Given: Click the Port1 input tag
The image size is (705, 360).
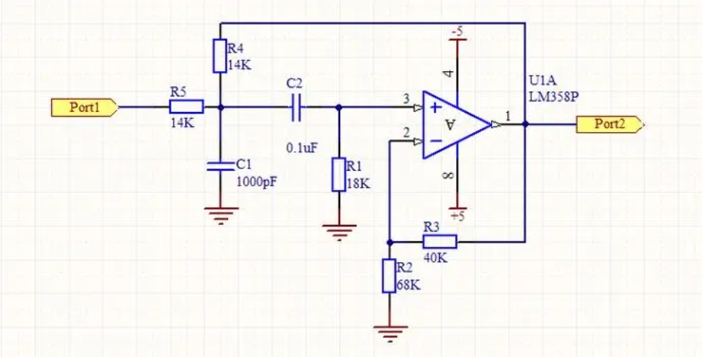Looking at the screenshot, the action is coord(84,108).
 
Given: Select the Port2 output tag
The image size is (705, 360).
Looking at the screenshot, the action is coord(610,124).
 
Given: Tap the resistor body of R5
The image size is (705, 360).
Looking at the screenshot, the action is coord(186,107).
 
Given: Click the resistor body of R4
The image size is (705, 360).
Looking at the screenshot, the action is coord(220,56).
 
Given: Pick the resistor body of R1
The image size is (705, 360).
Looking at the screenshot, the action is coord(339,175).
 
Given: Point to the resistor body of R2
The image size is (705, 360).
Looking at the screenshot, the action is coord(390,276).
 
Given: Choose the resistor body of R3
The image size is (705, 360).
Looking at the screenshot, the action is coord(440,242).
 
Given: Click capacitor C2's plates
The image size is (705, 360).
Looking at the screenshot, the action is coord(296,107).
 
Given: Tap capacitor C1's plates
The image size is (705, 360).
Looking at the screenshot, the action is coord(220,166).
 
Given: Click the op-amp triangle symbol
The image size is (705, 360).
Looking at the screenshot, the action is coord(455,124).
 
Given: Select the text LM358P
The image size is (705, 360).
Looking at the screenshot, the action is coord(553,97).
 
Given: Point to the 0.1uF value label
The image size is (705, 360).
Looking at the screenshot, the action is coord(302,148).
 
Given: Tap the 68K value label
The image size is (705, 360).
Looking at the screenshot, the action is coord(409,285).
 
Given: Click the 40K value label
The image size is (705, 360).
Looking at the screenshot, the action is coord(435,258).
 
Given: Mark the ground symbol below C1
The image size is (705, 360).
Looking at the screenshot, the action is coord(221,216).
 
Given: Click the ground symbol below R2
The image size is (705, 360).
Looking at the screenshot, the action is coord(390,334).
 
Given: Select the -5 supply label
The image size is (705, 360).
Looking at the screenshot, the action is coord(457,32).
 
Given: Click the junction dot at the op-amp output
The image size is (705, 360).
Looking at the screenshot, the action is coord(525,124).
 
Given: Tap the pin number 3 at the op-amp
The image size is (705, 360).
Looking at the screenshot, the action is coord(407,99).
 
